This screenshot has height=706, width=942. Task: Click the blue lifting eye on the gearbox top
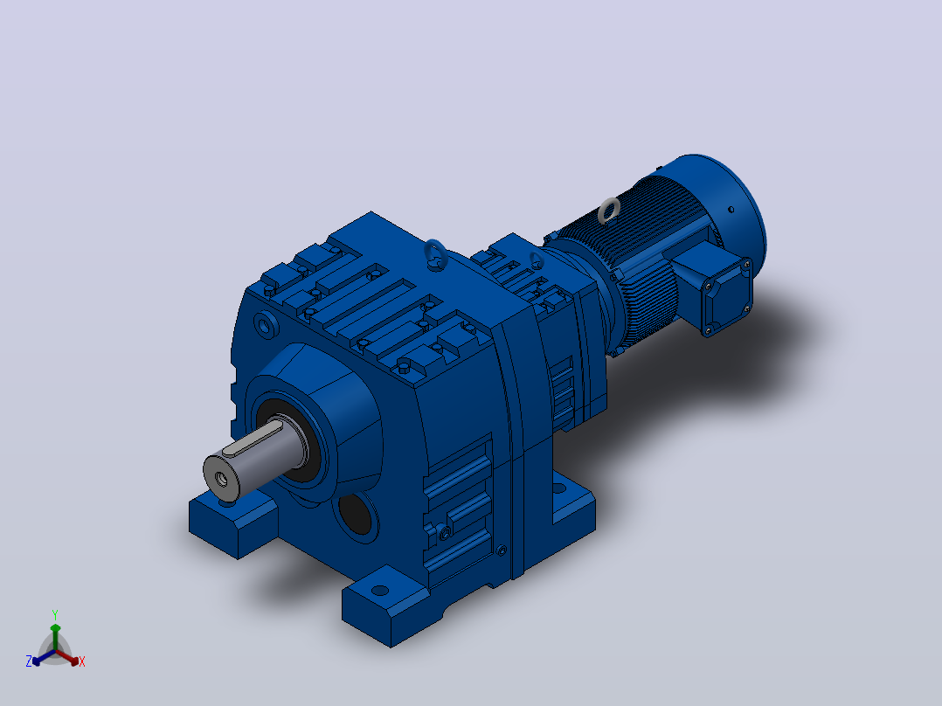click(x=434, y=253)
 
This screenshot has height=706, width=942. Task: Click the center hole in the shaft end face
click(x=221, y=479)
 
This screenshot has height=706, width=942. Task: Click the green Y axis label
click(x=55, y=614)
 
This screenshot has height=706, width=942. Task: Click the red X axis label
click(x=82, y=661)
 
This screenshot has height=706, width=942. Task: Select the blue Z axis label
click(x=29, y=661)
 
